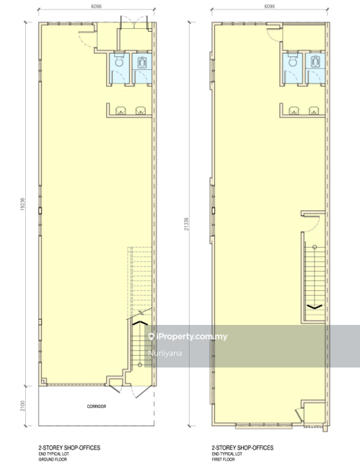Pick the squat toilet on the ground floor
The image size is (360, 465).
[141, 64]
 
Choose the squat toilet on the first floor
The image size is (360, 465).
[315, 64]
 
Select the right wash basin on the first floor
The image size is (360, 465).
[315, 110]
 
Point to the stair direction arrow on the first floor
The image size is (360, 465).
[315, 307]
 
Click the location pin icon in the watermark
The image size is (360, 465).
[152, 337]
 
